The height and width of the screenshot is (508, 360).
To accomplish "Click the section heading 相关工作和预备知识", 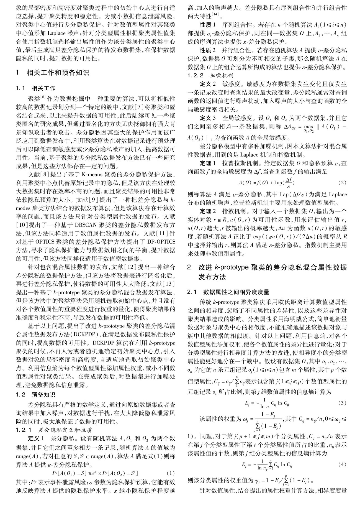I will point(58,73).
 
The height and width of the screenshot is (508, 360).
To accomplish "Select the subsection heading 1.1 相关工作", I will point(36,88).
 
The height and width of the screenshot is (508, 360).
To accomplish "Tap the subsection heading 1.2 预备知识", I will point(36,394).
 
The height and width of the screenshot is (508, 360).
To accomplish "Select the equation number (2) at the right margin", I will point(342,183).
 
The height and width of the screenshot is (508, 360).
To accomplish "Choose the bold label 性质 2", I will point(207,51).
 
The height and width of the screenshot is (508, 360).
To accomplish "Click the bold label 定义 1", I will point(37,439).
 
